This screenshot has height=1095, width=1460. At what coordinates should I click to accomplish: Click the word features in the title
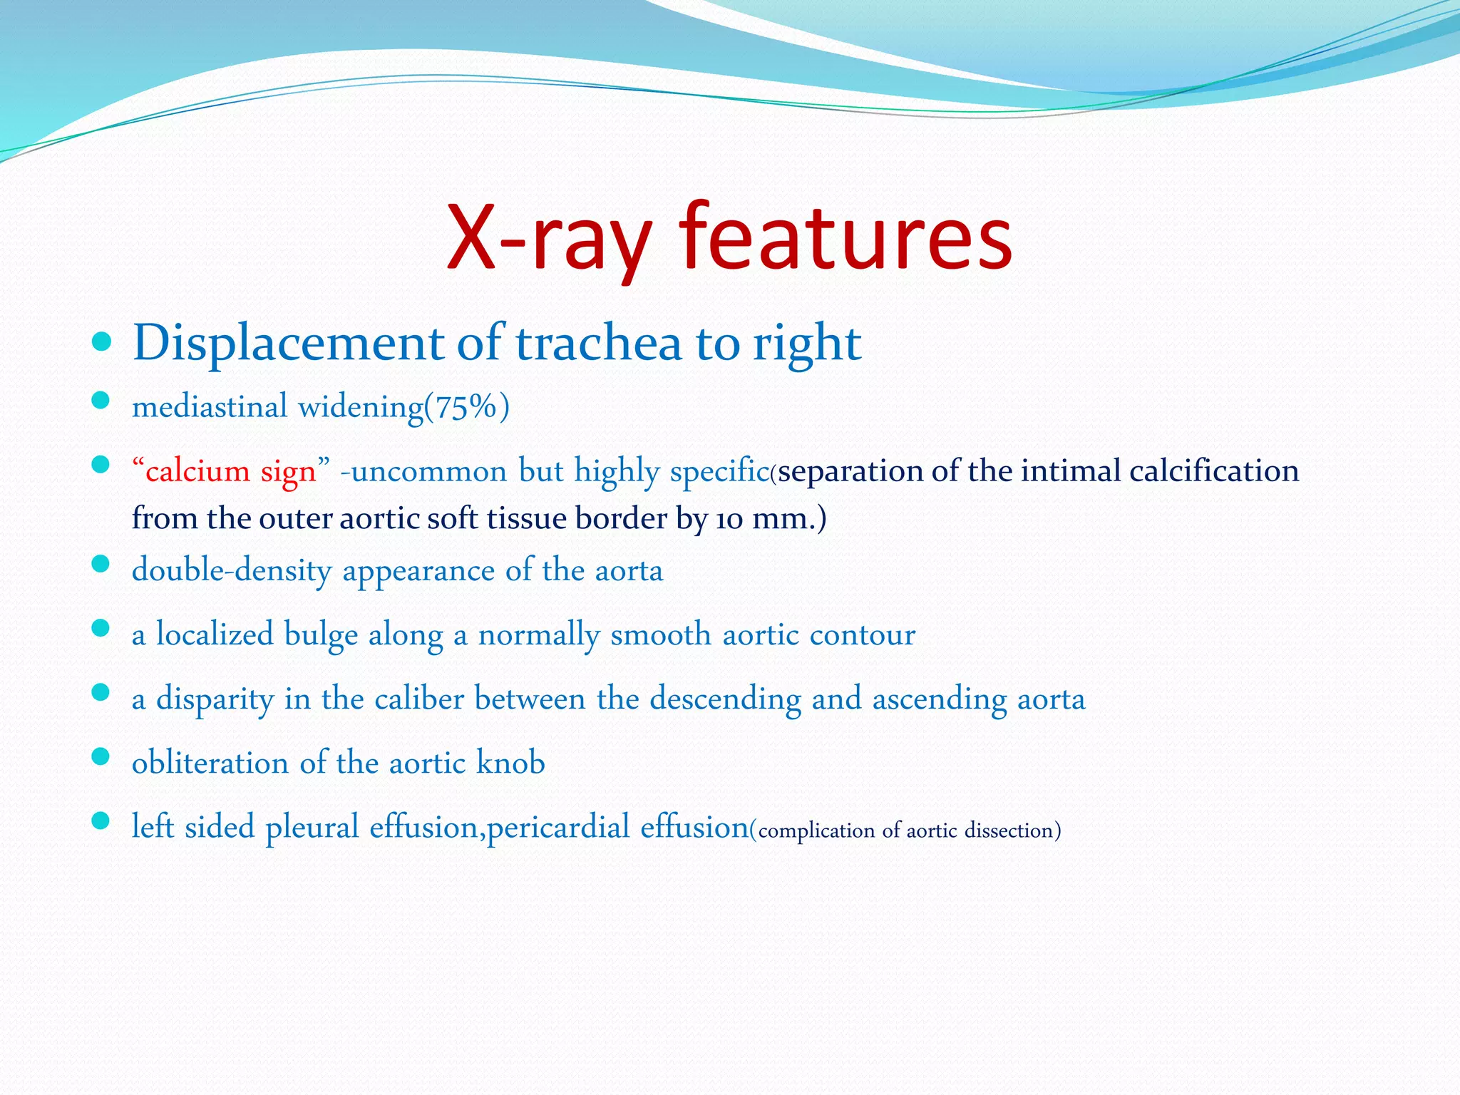tap(845, 237)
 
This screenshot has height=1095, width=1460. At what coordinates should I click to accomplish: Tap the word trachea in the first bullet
tap(598, 343)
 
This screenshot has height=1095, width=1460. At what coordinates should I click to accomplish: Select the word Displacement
tap(288, 343)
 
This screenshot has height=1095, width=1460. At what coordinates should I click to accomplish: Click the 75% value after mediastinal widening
tap(466, 407)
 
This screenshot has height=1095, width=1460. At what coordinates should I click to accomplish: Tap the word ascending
tap(940, 699)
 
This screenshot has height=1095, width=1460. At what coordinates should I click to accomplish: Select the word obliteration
tap(210, 763)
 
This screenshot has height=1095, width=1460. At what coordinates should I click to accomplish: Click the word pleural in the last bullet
tap(312, 827)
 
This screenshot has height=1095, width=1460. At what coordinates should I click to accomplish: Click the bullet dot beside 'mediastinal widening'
tap(101, 401)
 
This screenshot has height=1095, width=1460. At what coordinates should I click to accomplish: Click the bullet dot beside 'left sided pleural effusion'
tap(101, 821)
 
